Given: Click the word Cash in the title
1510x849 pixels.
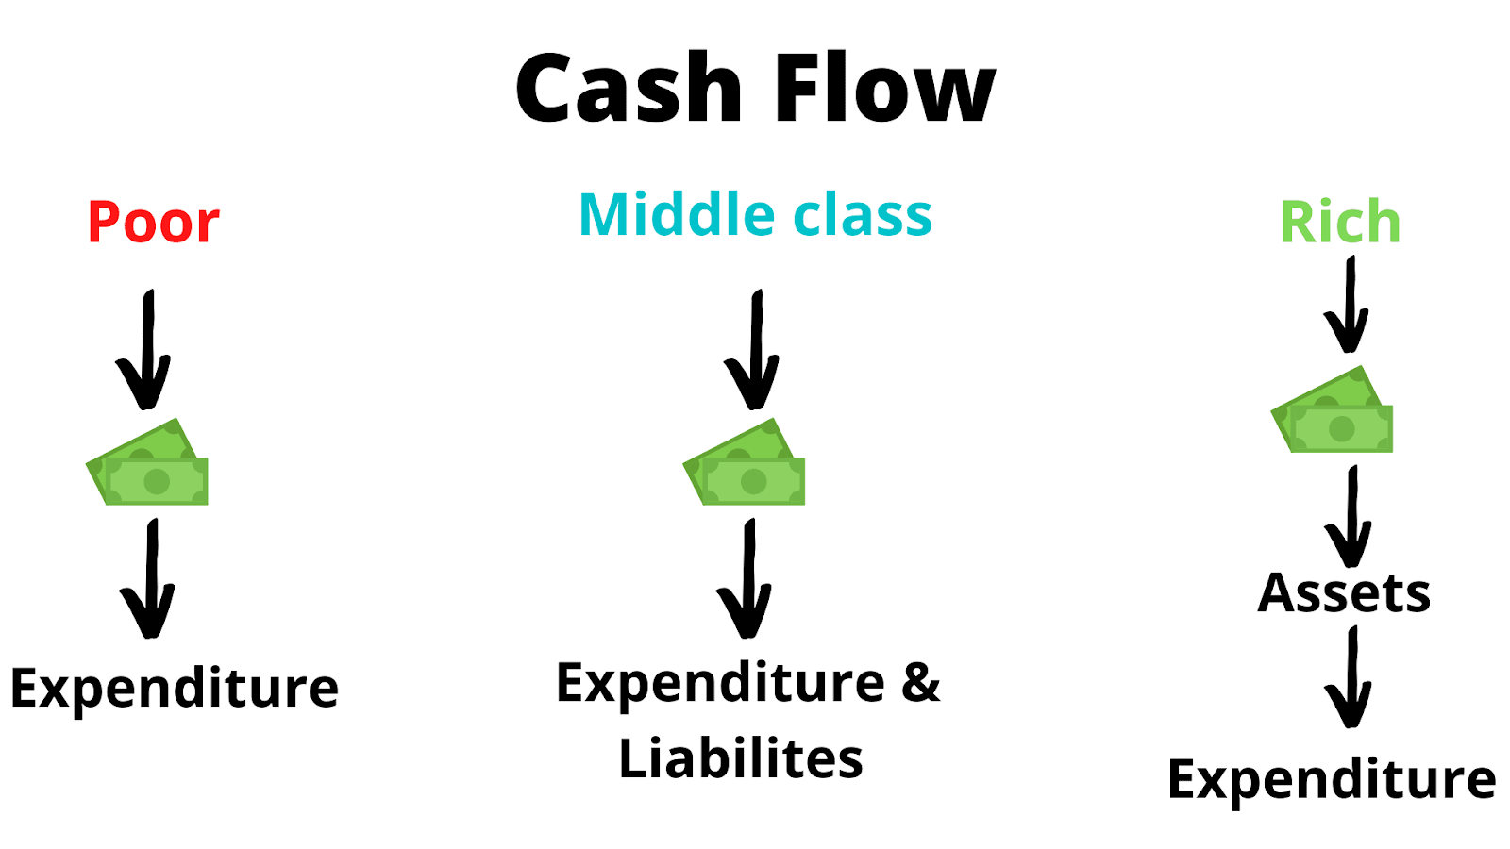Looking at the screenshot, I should (x=629, y=89).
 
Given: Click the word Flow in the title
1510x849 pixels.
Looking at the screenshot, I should (x=884, y=89).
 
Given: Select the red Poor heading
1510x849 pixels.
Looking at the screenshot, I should (x=153, y=223).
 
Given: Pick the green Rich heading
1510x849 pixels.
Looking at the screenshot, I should (x=1340, y=223).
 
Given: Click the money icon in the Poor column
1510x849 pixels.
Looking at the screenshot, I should (x=148, y=464).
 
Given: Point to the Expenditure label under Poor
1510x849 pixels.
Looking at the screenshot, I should (x=175, y=688).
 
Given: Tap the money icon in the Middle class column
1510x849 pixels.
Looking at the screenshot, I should (x=745, y=464).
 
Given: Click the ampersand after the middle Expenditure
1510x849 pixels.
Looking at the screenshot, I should (x=920, y=682).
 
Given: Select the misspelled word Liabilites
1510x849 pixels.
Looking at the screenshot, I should (x=741, y=758).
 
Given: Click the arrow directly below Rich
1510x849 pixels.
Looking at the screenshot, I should (x=1348, y=306).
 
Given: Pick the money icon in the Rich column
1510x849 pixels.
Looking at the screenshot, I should (x=1333, y=411).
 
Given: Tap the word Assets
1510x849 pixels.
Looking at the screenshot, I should (x=1344, y=593).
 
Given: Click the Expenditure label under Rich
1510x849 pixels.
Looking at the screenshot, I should (x=1332, y=779).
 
